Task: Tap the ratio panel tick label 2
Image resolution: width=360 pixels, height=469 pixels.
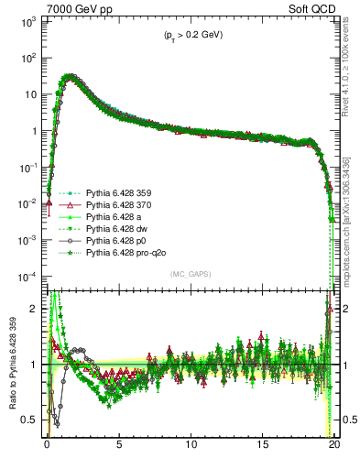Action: tap(32, 309)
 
